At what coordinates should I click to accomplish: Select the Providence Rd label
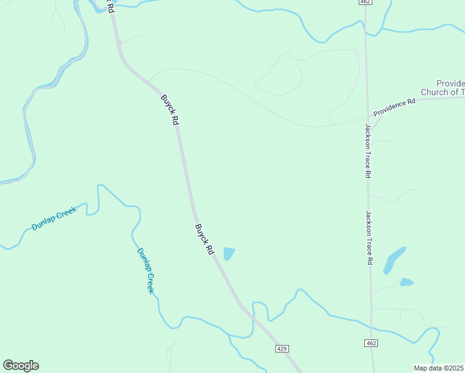(x=394, y=107)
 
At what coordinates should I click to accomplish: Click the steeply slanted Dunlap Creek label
(x=145, y=270)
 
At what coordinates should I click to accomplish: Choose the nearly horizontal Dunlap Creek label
(x=54, y=219)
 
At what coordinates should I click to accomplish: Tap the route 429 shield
(x=282, y=349)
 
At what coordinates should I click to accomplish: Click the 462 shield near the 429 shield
(x=371, y=343)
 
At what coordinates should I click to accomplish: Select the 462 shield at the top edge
(x=366, y=2)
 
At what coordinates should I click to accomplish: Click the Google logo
(x=21, y=366)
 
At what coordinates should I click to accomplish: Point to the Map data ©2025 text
(x=439, y=368)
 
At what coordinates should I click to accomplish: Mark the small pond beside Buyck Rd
(x=229, y=254)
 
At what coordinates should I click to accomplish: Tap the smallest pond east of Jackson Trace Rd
(x=407, y=282)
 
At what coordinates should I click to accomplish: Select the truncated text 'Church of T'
(x=443, y=93)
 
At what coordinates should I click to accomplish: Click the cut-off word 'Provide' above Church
(x=450, y=83)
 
